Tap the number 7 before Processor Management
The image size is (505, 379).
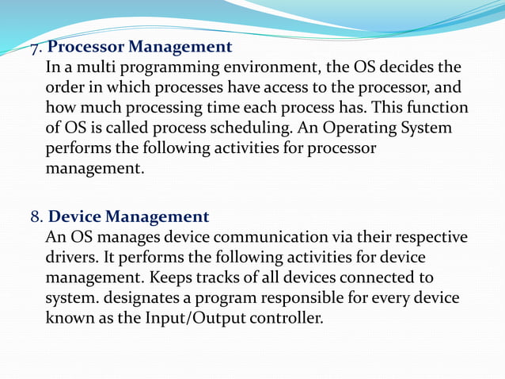coord(35,48)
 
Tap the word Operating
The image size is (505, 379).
coord(366,128)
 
